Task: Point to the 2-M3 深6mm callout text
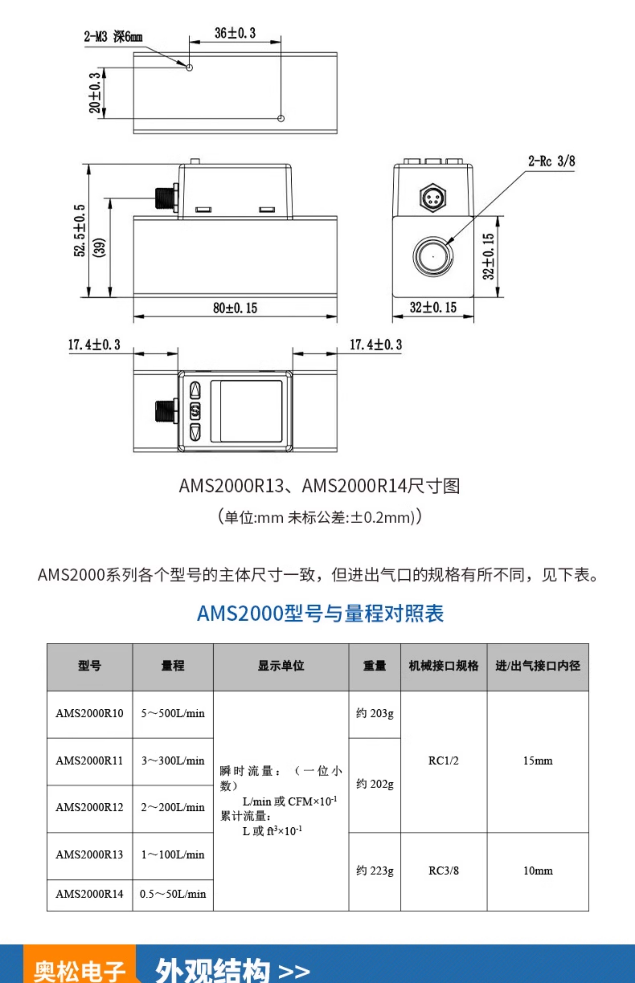coord(113,36)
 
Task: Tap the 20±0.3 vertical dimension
coord(95,93)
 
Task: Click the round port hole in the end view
coord(432,256)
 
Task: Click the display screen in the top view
coord(247,411)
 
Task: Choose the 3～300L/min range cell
coord(173,761)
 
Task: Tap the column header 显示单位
coord(281,666)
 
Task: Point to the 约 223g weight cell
coord(374,870)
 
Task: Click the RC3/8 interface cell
coord(443,870)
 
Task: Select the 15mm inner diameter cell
coord(538,761)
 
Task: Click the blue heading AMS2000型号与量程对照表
coord(320,613)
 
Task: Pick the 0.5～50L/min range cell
coord(173,894)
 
